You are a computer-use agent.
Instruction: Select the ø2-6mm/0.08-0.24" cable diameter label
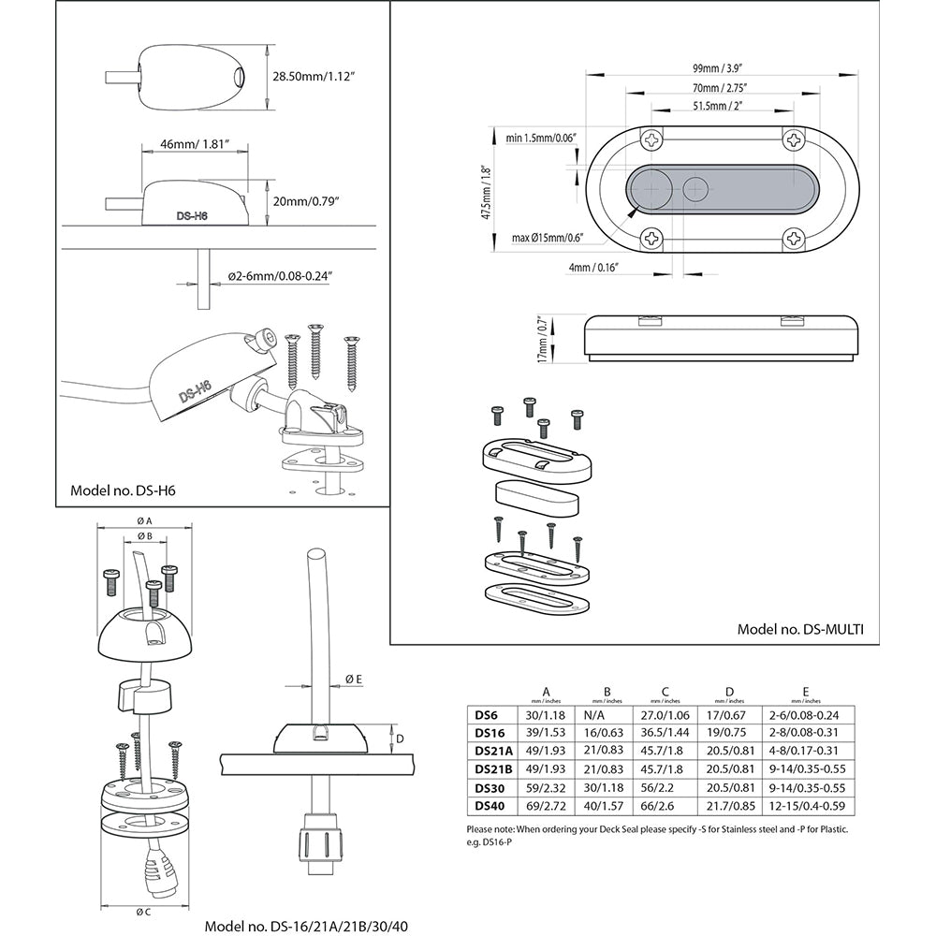[x=281, y=276]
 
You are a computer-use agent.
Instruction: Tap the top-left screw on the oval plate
[x=651, y=140]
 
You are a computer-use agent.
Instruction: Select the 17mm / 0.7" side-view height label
[x=542, y=339]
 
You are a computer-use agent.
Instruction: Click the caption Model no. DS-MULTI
[x=800, y=629]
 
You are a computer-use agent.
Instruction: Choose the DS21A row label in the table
[x=493, y=751]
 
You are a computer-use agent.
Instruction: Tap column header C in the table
[x=665, y=692]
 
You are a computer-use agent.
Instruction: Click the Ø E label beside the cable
[x=353, y=678]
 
